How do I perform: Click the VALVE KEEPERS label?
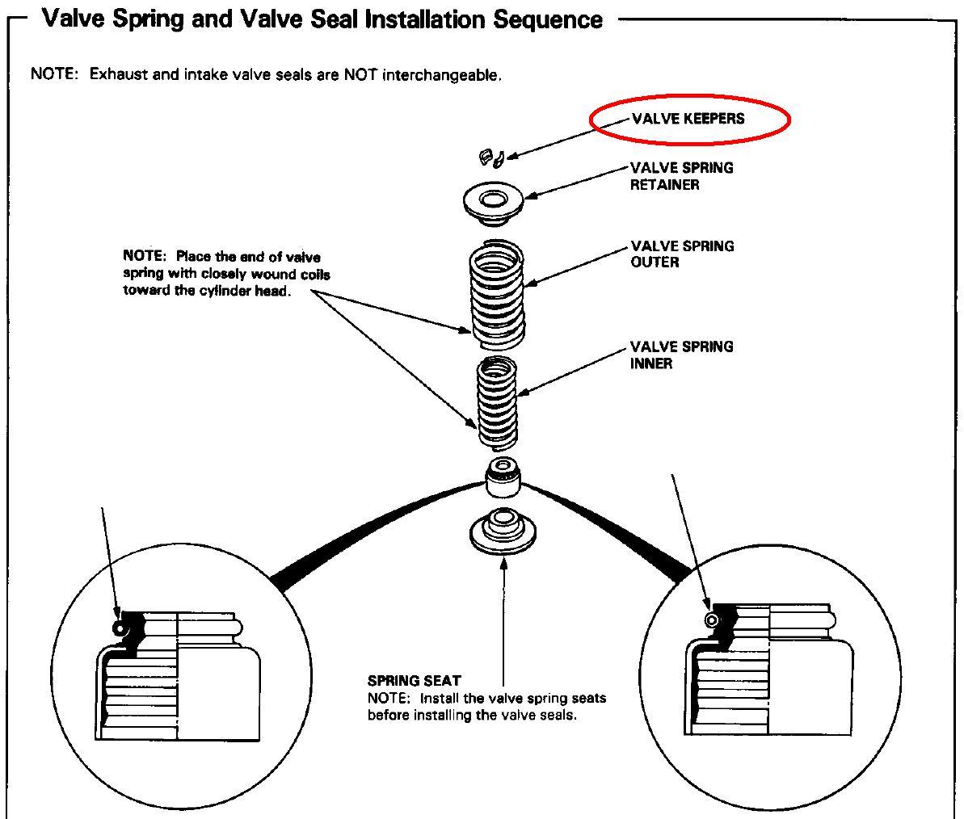coord(688,119)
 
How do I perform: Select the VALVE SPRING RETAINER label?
coord(682,176)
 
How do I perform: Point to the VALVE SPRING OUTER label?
coord(682,254)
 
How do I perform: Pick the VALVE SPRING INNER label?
coord(682,355)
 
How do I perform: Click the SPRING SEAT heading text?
coord(414,681)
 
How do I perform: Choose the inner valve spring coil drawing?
coord(498,401)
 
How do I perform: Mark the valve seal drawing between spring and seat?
coord(502,478)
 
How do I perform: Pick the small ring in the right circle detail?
coord(712,619)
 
